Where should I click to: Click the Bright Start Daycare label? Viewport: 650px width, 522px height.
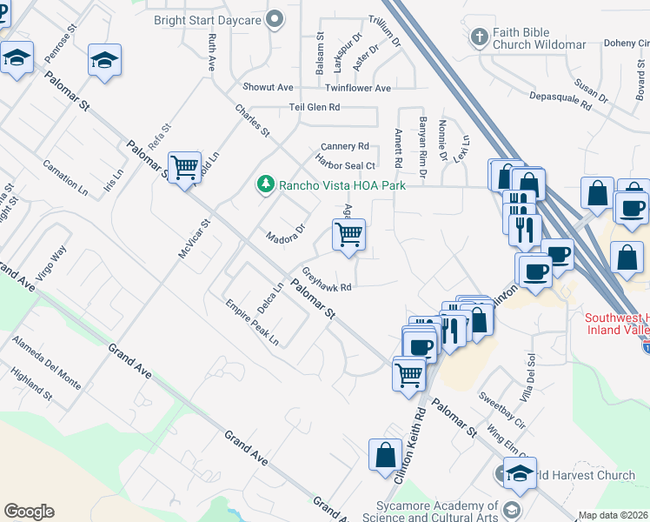click(209, 19)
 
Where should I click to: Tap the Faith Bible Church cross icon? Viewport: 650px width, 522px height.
click(477, 37)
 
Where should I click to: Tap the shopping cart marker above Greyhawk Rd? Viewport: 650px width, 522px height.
click(348, 234)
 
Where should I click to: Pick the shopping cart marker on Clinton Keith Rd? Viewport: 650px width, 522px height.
click(408, 375)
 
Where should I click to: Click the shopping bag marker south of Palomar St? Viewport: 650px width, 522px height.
click(385, 455)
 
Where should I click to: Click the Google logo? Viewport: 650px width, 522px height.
click(29, 512)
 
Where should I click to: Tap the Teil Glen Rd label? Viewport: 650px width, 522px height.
click(315, 107)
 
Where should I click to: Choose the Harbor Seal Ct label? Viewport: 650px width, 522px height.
click(345, 165)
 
